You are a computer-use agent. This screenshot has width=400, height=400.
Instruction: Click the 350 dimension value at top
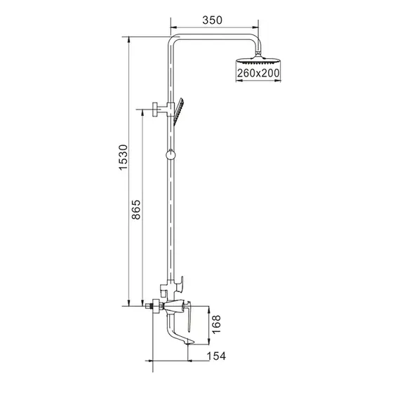213,20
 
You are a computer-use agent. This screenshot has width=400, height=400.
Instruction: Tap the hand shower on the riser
181,109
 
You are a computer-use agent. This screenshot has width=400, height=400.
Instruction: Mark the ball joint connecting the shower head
260,53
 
